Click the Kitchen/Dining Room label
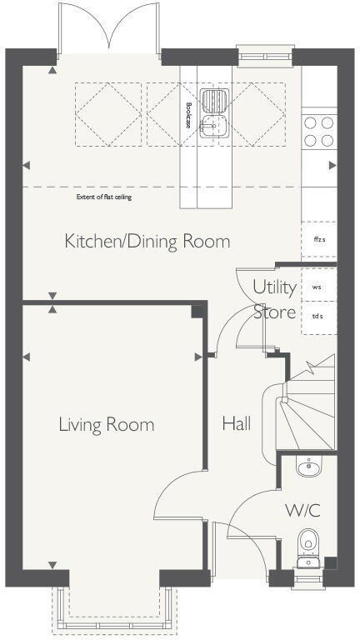pyautogui.click(x=147, y=242)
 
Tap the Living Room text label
pyautogui.click(x=106, y=425)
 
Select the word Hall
pyautogui.click(x=237, y=424)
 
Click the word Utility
pyautogui.click(x=274, y=287)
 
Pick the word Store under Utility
pyautogui.click(x=274, y=312)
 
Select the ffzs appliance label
pyautogui.click(x=317, y=239)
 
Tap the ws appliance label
pyautogui.click(x=317, y=287)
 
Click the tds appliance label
pyautogui.click(x=317, y=316)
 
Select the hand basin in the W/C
pyautogui.click(x=307, y=465)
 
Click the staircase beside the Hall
pyautogui.click(x=307, y=412)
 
